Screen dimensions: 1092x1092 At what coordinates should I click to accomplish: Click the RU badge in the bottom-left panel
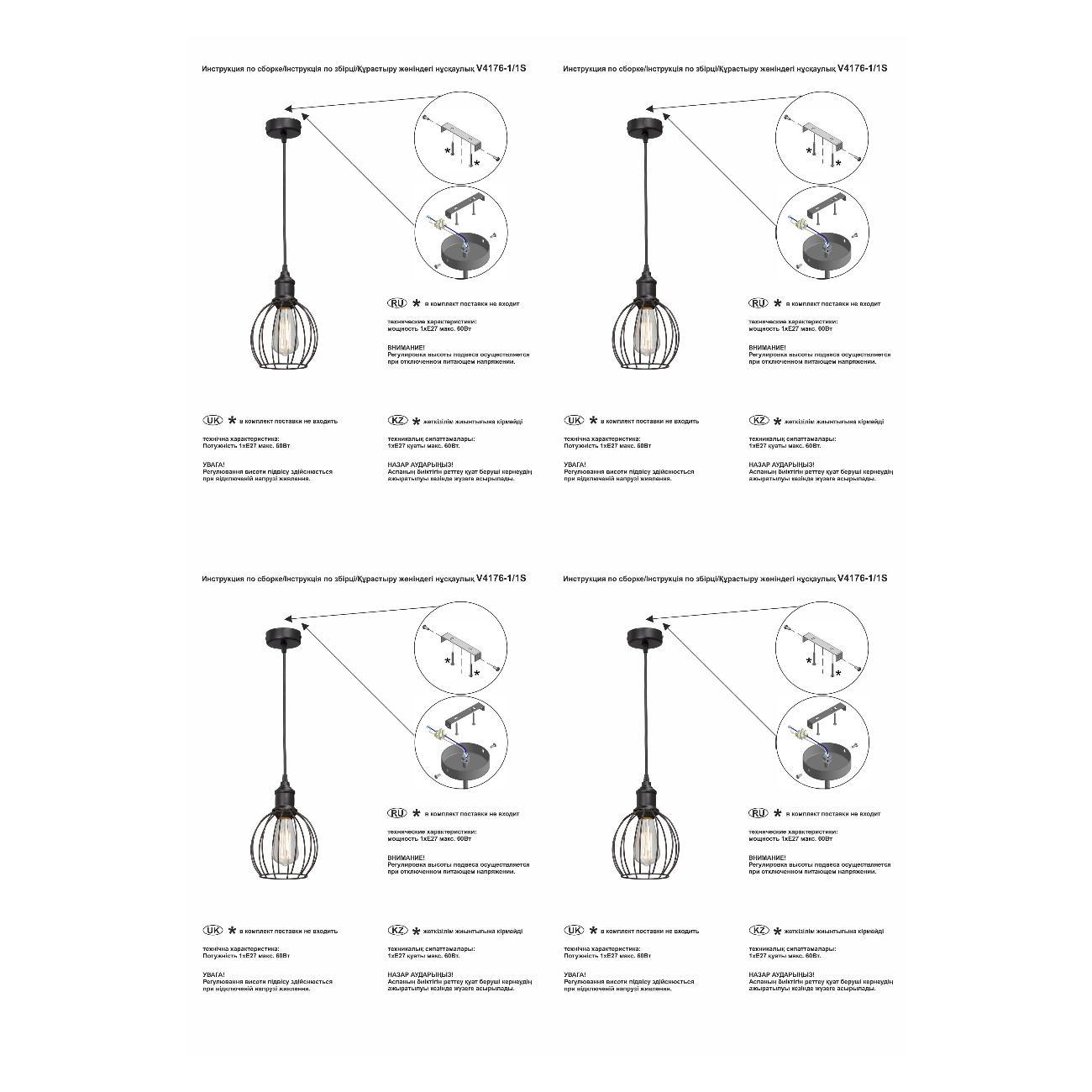[396, 813]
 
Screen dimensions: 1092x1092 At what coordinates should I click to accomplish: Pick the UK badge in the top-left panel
[213, 420]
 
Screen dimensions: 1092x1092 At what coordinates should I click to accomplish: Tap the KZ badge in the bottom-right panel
[758, 931]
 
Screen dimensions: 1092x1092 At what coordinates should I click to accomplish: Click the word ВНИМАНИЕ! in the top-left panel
[406, 347]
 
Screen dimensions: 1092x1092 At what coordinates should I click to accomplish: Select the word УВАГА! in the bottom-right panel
[575, 974]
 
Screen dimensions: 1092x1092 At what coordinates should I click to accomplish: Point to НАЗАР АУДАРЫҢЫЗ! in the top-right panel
[780, 465]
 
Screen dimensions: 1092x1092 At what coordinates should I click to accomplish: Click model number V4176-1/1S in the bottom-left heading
[501, 578]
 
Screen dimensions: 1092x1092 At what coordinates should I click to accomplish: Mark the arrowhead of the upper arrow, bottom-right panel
[648, 618]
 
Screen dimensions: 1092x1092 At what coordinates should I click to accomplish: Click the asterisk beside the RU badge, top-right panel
[778, 303]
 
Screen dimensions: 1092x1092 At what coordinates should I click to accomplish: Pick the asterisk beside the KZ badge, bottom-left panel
[416, 932]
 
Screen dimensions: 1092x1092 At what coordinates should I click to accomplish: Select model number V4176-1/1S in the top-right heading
[862, 68]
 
